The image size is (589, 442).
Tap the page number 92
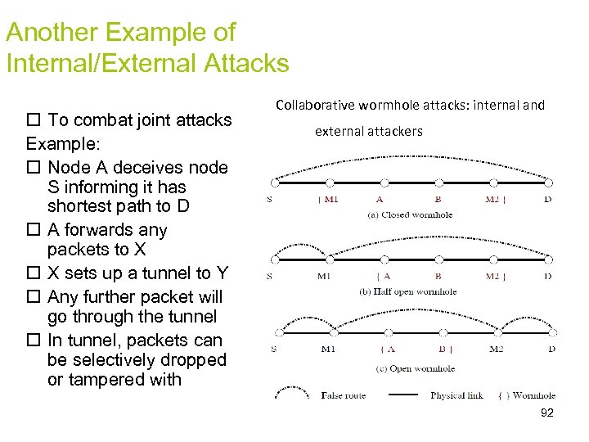click(x=547, y=413)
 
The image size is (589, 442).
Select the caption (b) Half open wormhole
click(x=408, y=291)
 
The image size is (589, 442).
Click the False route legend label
click(x=344, y=396)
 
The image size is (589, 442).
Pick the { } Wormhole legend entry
click(x=527, y=396)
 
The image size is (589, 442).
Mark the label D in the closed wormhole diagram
click(x=547, y=199)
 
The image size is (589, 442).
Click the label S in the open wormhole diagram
click(x=273, y=350)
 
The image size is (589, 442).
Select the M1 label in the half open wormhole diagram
click(x=325, y=276)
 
